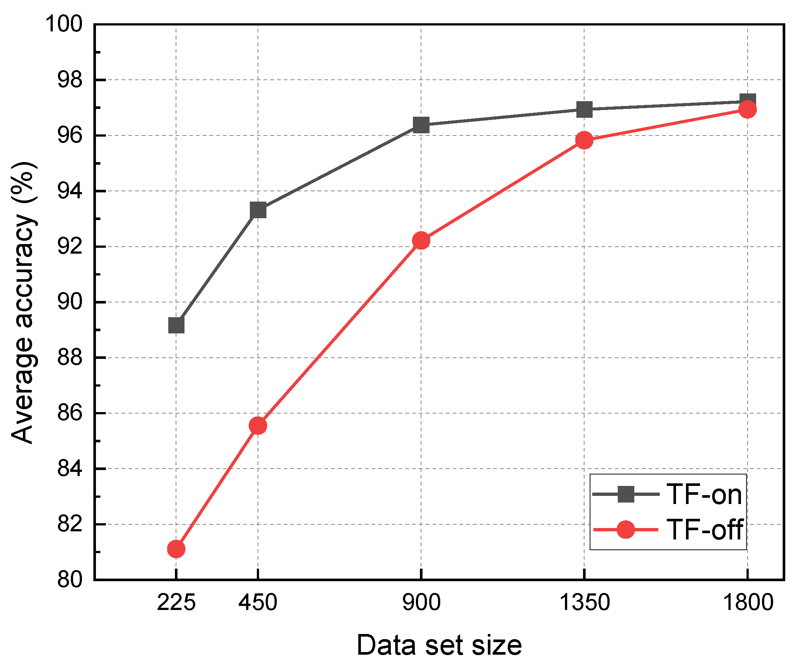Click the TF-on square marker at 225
[x=176, y=325]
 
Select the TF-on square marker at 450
[x=258, y=210]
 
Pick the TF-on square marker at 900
[x=421, y=125]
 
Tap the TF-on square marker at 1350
[x=584, y=110]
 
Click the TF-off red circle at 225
[x=176, y=549]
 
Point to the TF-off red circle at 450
[x=258, y=426]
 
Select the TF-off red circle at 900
[x=421, y=240]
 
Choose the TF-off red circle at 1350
[x=584, y=140]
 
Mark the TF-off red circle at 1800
[x=747, y=110]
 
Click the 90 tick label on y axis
[x=69, y=303]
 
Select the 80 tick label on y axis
[x=69, y=580]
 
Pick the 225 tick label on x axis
[x=176, y=602]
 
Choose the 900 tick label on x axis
[x=421, y=602]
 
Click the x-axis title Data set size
[x=439, y=645]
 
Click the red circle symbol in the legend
[x=626, y=530]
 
